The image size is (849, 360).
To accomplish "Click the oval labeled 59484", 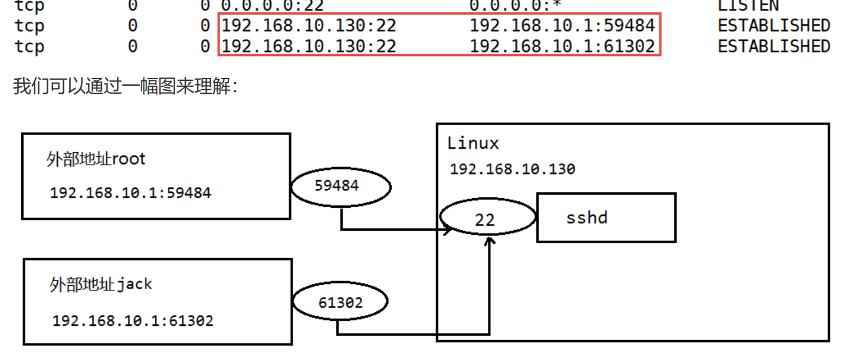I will coord(340,186).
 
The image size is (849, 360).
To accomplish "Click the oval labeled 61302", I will coord(340,303).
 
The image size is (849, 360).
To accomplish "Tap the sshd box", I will coord(606,217).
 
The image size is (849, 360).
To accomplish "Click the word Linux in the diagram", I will coord(473,143).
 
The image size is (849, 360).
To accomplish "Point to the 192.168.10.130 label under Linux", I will coord(512,169).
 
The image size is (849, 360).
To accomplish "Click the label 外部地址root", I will coord(96,159).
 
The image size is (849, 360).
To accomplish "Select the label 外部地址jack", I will coord(101,284).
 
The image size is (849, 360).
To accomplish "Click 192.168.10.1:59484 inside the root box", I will coord(130,192).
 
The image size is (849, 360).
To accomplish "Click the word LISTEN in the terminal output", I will coord(748,6).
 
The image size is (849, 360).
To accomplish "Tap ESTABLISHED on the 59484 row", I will coord(773,25).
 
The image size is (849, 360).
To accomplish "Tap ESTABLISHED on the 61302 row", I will coord(773,46).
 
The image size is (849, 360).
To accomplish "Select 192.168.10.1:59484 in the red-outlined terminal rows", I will coord(562,25).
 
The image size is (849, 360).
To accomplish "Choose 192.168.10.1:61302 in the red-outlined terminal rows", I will coord(562,46).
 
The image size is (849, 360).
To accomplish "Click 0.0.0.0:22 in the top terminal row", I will coord(272,6).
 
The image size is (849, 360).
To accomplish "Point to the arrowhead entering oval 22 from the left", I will coord(448,230).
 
